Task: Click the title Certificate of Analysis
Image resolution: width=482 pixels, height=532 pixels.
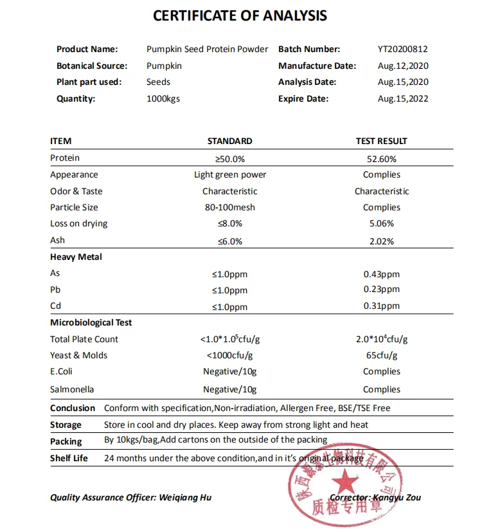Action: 240,16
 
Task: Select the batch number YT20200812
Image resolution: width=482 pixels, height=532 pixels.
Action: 403,49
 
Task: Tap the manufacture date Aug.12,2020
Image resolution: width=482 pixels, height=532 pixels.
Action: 403,66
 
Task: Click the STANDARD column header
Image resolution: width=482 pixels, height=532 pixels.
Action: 229,141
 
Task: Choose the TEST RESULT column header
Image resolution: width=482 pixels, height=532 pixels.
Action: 381,141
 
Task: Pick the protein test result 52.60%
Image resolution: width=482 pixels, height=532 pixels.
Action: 381,159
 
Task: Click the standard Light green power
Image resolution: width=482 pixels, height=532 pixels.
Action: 229,174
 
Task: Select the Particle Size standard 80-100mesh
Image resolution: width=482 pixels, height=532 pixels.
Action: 229,207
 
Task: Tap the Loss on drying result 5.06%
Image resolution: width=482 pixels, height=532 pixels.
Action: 381,224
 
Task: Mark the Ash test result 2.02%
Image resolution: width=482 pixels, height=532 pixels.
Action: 381,241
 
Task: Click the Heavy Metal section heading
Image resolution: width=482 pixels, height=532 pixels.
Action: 76,257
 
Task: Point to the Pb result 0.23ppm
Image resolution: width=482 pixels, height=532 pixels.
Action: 381,289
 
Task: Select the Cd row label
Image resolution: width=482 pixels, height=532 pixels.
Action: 55,306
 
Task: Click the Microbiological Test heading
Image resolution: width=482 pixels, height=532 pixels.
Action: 91,322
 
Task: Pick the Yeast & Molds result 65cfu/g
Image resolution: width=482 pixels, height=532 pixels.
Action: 381,355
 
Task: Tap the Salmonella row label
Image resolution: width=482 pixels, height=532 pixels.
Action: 72,389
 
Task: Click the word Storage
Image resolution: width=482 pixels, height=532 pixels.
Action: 66,425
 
